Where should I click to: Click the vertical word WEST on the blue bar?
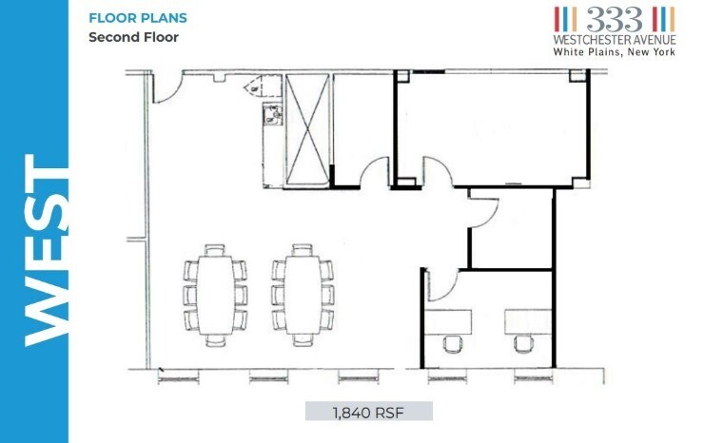(x=48, y=250)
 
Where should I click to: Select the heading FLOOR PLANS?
(x=138, y=18)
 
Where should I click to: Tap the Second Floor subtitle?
(x=134, y=37)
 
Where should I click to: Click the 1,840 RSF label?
(x=368, y=412)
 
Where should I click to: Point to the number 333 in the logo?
(x=615, y=19)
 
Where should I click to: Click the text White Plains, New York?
(x=615, y=51)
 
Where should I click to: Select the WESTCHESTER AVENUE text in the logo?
(x=615, y=40)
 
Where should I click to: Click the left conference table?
(x=216, y=295)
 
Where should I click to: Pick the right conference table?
(x=303, y=295)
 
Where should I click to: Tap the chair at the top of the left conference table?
(x=215, y=250)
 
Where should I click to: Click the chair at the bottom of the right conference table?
(x=303, y=339)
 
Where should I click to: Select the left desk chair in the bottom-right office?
(x=453, y=343)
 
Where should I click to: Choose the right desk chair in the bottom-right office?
(x=523, y=343)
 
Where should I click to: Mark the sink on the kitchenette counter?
(x=272, y=114)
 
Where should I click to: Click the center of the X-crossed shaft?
(x=307, y=129)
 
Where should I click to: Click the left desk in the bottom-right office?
(x=449, y=322)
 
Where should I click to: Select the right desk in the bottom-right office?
(x=528, y=322)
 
